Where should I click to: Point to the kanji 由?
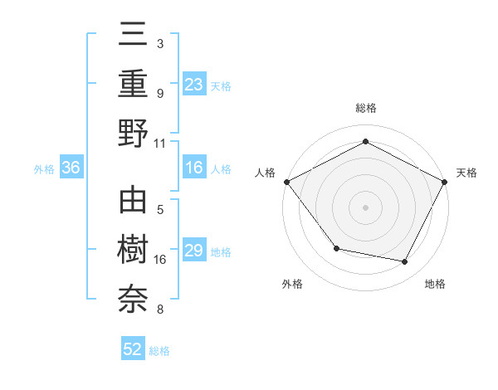(133, 202)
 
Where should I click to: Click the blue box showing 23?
(194, 85)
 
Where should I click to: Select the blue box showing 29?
(194, 251)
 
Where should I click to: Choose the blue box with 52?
(133, 349)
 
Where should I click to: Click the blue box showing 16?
(194, 168)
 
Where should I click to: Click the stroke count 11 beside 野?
(159, 143)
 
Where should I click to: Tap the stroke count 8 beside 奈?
(159, 310)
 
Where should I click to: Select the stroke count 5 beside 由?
(159, 209)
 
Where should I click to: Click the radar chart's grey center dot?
(365, 207)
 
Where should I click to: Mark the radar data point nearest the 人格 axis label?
(286, 182)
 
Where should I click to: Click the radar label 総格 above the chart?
(365, 108)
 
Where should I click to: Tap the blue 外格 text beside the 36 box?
(44, 169)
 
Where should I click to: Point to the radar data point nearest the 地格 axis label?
(405, 262)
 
